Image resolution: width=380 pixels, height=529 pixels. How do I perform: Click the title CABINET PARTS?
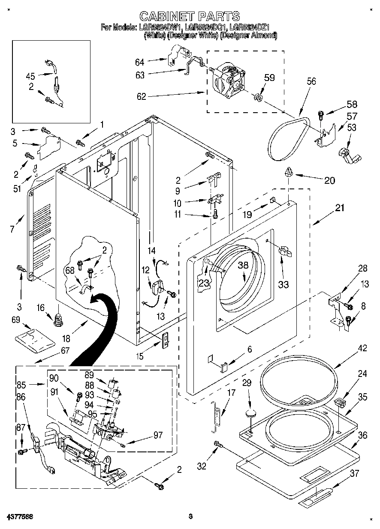tap(190, 16)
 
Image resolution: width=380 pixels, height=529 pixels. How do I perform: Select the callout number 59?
tap(269, 78)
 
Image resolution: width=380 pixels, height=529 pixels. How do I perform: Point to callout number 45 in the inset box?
tap(30, 77)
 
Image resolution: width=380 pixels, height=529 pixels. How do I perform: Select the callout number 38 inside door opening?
tap(243, 265)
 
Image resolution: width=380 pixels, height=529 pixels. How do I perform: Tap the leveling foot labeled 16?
tap(58, 319)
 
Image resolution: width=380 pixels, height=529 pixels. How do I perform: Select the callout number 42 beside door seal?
tap(362, 348)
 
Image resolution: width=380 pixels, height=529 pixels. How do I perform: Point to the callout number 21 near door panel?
tap(339, 208)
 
